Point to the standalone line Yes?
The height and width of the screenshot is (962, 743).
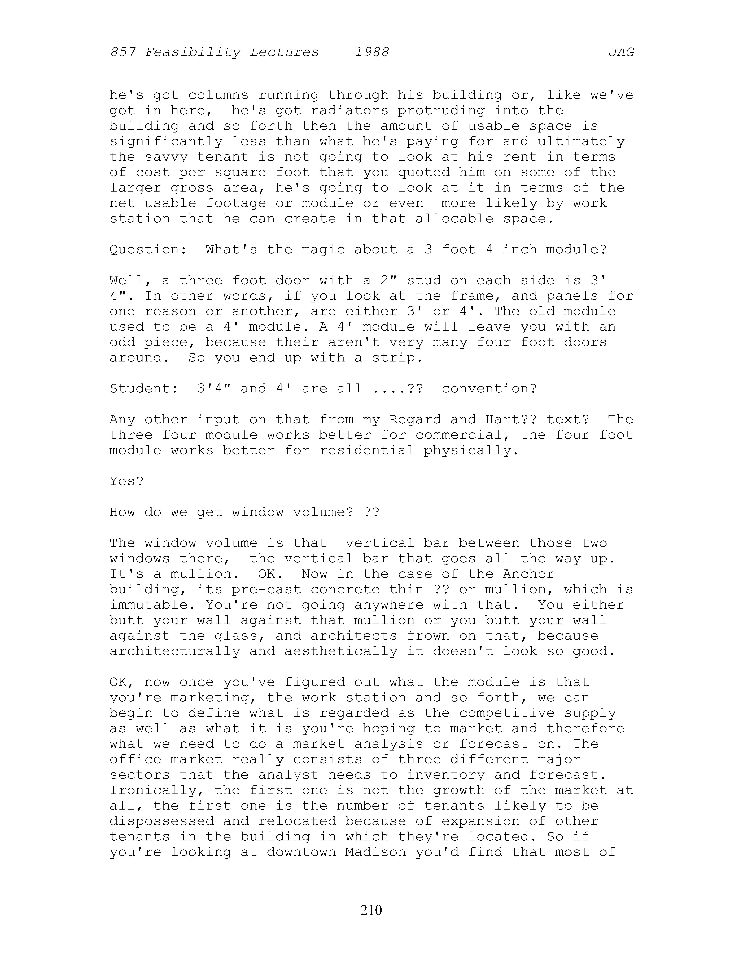(x=127, y=481)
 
